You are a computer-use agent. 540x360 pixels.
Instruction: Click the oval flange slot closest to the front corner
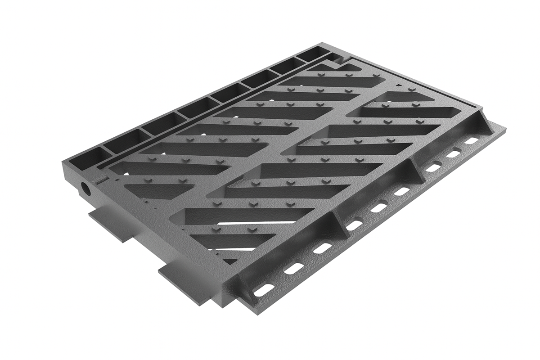(x=264, y=290)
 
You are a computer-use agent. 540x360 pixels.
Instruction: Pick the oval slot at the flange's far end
(x=471, y=141)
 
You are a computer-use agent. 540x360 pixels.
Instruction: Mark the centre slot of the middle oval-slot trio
(x=379, y=207)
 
